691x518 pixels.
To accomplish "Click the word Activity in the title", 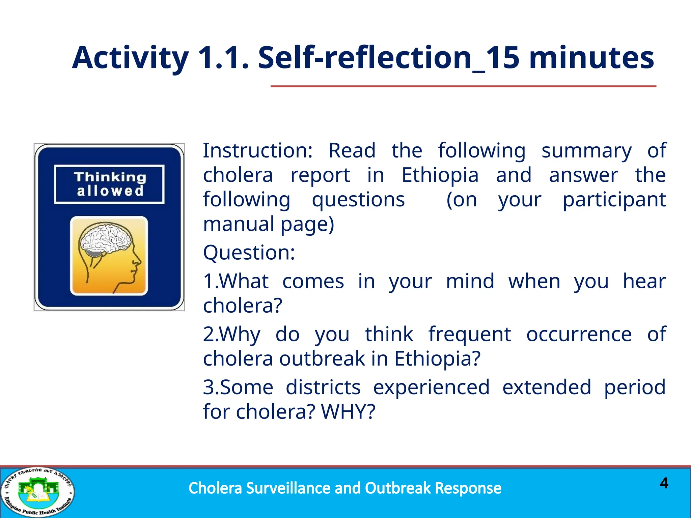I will (130, 58).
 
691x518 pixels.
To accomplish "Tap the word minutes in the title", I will (591, 58).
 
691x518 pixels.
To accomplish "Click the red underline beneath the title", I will (463, 87).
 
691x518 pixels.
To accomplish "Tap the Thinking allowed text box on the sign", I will (109, 184).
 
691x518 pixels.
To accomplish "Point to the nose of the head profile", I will (138, 261).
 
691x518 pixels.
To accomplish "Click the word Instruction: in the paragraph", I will (258, 150).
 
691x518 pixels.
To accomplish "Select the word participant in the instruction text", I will (614, 200).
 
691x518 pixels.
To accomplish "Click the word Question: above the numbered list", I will (249, 253).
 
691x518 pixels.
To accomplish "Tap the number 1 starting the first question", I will (208, 281).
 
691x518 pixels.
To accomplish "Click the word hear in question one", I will (644, 281).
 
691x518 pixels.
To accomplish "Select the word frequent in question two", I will (469, 334).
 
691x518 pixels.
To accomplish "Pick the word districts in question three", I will (323, 387).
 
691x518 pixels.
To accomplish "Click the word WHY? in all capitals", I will (348, 412).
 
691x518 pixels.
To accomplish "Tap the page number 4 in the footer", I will (664, 483).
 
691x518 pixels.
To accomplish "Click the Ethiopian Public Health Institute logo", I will (37, 492).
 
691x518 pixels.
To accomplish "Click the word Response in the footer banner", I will (468, 488).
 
